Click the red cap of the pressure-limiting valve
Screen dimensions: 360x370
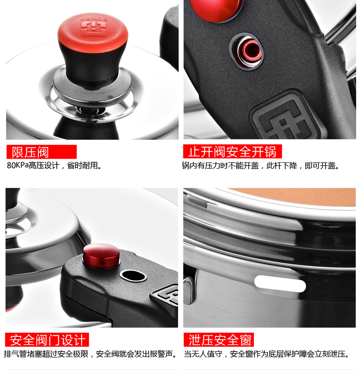tap(93, 31)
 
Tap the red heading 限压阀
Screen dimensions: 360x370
tap(30, 152)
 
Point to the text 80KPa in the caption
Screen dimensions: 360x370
tap(18, 165)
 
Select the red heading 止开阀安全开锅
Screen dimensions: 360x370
tap(232, 151)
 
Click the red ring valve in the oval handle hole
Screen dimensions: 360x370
tap(252, 51)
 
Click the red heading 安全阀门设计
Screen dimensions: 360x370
tap(48, 340)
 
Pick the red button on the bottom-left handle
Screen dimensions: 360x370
tap(101, 256)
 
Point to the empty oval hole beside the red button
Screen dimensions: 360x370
tap(133, 276)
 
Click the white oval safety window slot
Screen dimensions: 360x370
tap(280, 284)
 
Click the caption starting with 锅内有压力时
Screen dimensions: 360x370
tap(261, 165)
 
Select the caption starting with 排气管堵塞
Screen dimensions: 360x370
tap(91, 354)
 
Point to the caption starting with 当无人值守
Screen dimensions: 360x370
tap(267, 354)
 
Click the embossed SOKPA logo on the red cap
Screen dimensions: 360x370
tap(93, 25)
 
